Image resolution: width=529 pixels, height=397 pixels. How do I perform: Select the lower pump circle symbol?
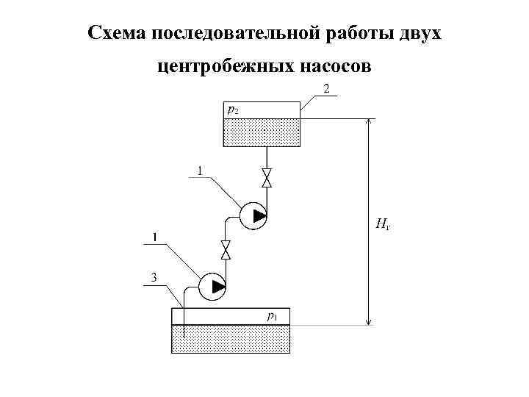tap(212, 286)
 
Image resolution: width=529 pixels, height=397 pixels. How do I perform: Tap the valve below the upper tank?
tap(267, 179)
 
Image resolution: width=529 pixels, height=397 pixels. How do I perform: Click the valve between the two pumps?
tap(226, 250)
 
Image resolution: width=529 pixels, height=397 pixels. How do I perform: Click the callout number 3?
tap(154, 278)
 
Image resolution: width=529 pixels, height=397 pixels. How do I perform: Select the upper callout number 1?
tap(199, 171)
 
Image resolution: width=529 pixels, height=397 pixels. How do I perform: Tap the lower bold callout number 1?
tap(154, 237)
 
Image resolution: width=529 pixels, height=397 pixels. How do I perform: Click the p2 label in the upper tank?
tap(232, 110)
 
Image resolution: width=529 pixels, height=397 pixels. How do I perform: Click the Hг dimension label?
tap(382, 223)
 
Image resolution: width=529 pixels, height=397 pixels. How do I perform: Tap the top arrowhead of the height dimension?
tap(369, 124)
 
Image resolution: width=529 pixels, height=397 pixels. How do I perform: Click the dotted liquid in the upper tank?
tap(261, 132)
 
